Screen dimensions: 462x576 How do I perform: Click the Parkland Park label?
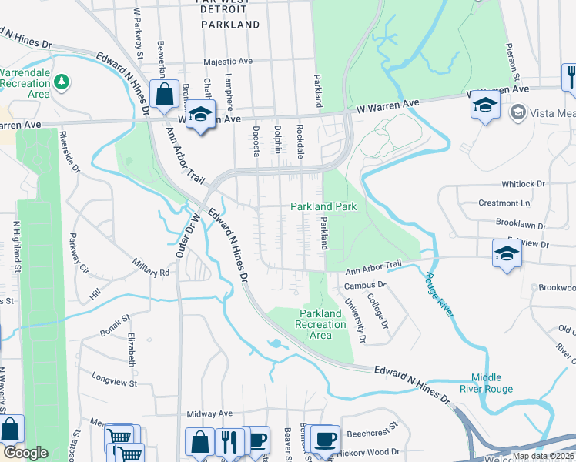coord(323,207)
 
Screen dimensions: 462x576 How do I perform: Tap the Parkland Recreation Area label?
coord(320,324)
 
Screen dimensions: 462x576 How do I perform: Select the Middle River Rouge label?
coord(492,383)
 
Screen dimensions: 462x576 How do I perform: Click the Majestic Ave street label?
coord(228,61)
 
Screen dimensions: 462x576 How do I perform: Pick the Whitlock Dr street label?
coord(523,185)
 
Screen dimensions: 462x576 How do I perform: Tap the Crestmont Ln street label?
coord(526,203)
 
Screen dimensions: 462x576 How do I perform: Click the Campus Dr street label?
coord(364,285)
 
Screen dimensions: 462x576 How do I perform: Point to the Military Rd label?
coord(150,267)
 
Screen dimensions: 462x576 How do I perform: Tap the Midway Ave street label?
coord(209,413)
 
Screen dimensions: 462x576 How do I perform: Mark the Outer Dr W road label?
coord(189,236)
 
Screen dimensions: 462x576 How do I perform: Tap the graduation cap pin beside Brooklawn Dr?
coord(507,252)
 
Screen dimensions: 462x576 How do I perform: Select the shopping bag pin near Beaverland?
coord(165,95)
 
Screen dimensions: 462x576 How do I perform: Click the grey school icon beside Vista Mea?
coord(518,113)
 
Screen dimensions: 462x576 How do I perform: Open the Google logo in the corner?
coord(25,453)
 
